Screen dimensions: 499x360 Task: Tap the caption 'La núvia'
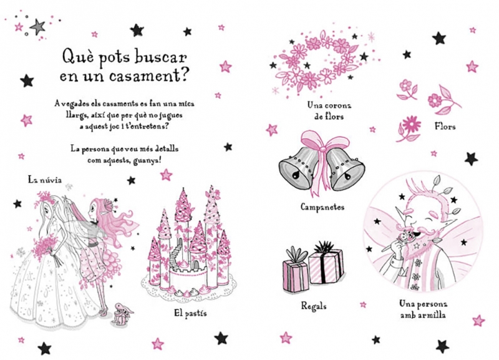pos(44,180)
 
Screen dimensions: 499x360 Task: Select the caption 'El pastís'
pos(190,313)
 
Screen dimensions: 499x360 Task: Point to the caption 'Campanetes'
pos(322,207)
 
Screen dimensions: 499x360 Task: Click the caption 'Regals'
pos(314,306)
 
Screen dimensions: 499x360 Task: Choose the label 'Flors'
pos(445,127)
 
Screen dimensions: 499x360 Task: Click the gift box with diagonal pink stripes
pos(326,266)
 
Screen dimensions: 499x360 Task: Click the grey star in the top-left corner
pos(37,27)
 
